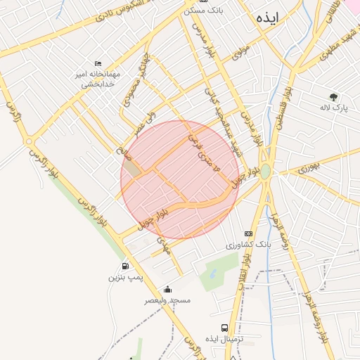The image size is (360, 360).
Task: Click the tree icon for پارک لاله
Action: click(x=333, y=97)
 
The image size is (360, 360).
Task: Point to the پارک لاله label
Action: click(x=333, y=108)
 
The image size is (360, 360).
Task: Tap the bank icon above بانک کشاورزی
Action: click(x=248, y=233)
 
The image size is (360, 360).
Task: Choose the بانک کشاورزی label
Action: click(x=247, y=245)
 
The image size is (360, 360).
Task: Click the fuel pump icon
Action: click(x=125, y=266)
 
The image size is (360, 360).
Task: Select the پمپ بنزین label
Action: click(x=124, y=278)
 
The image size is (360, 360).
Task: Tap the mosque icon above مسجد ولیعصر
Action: click(x=167, y=289)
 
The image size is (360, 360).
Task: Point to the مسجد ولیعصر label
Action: click(x=167, y=300)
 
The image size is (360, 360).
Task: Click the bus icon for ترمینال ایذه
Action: click(x=224, y=328)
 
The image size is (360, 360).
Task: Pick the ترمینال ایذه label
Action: click(x=224, y=339)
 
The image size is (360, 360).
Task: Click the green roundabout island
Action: click(x=265, y=172)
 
